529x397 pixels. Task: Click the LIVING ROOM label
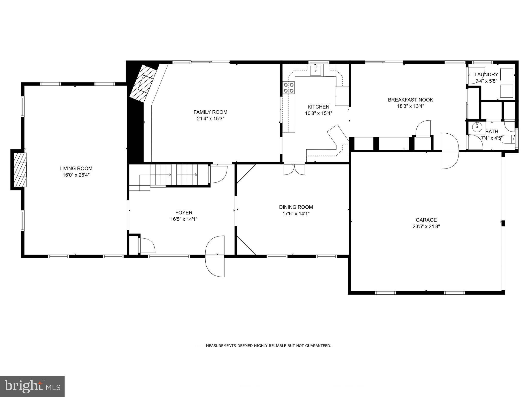76,169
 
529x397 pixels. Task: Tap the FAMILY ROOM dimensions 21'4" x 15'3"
210,119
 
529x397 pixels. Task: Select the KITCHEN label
318,107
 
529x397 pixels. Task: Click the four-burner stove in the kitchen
289,88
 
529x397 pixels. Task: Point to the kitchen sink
316,70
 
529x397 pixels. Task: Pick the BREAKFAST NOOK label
410,100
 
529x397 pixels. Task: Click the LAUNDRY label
486,75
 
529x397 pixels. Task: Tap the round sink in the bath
477,127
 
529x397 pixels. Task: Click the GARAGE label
426,220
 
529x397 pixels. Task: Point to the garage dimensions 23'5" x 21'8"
426,227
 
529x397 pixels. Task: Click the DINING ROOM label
296,207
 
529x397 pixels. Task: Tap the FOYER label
184,213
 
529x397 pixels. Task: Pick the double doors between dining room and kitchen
294,169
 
